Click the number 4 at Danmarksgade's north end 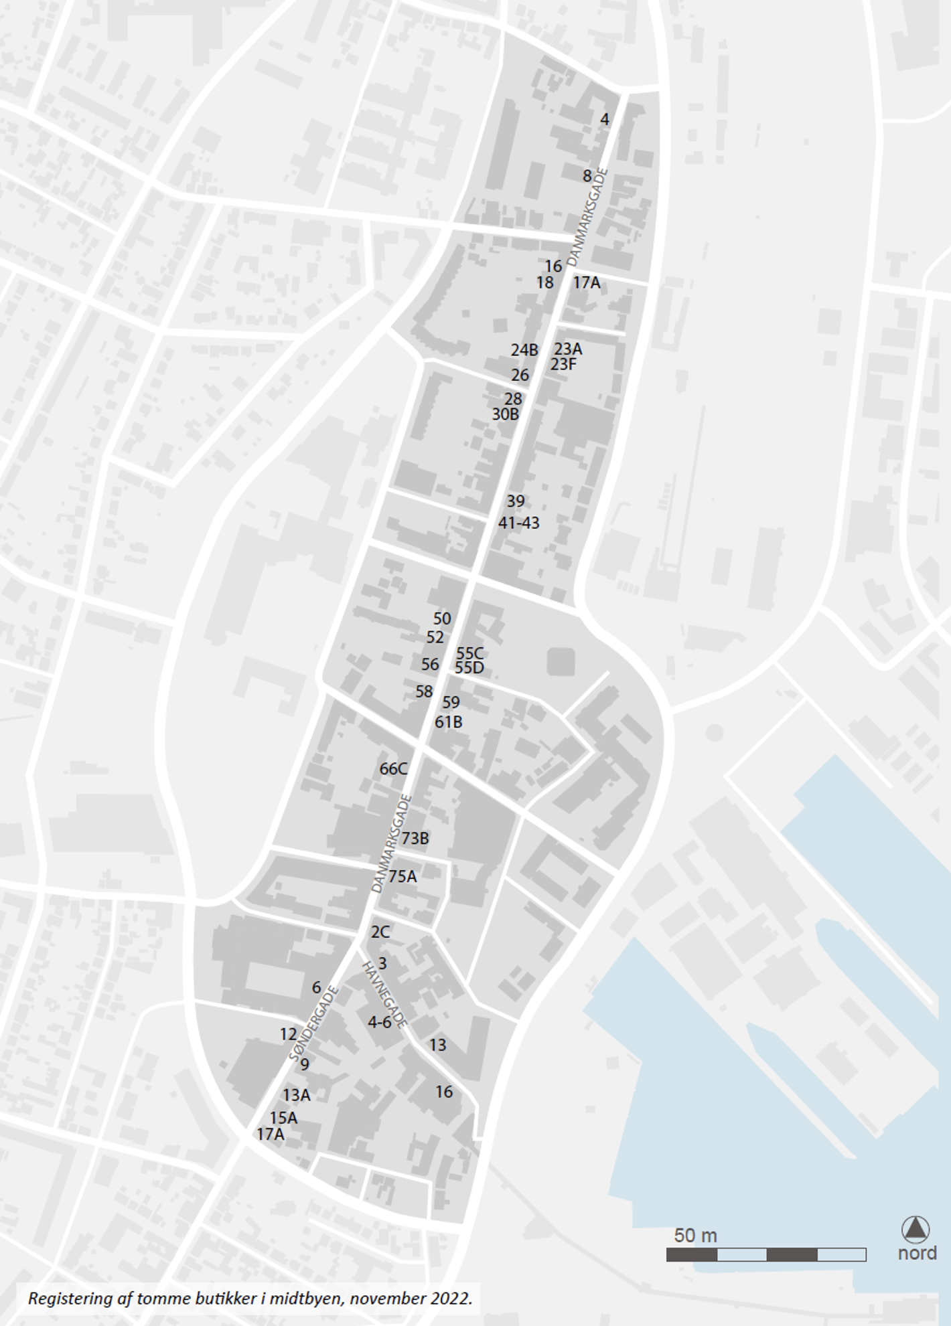click(605, 120)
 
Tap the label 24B click(524, 350)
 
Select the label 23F click(563, 365)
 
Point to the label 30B click(506, 414)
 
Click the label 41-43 click(518, 523)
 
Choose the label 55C click(470, 653)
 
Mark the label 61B click(448, 722)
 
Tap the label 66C click(393, 769)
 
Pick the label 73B click(415, 838)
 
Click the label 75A click(403, 876)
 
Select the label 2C click(380, 932)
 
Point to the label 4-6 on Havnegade click(380, 1022)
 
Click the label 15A click(283, 1118)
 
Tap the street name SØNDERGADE click(314, 1023)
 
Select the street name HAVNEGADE click(384, 995)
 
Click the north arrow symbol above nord click(916, 1230)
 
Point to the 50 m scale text click(695, 1236)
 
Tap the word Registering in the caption click(70, 1299)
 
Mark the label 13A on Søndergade click(296, 1095)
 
